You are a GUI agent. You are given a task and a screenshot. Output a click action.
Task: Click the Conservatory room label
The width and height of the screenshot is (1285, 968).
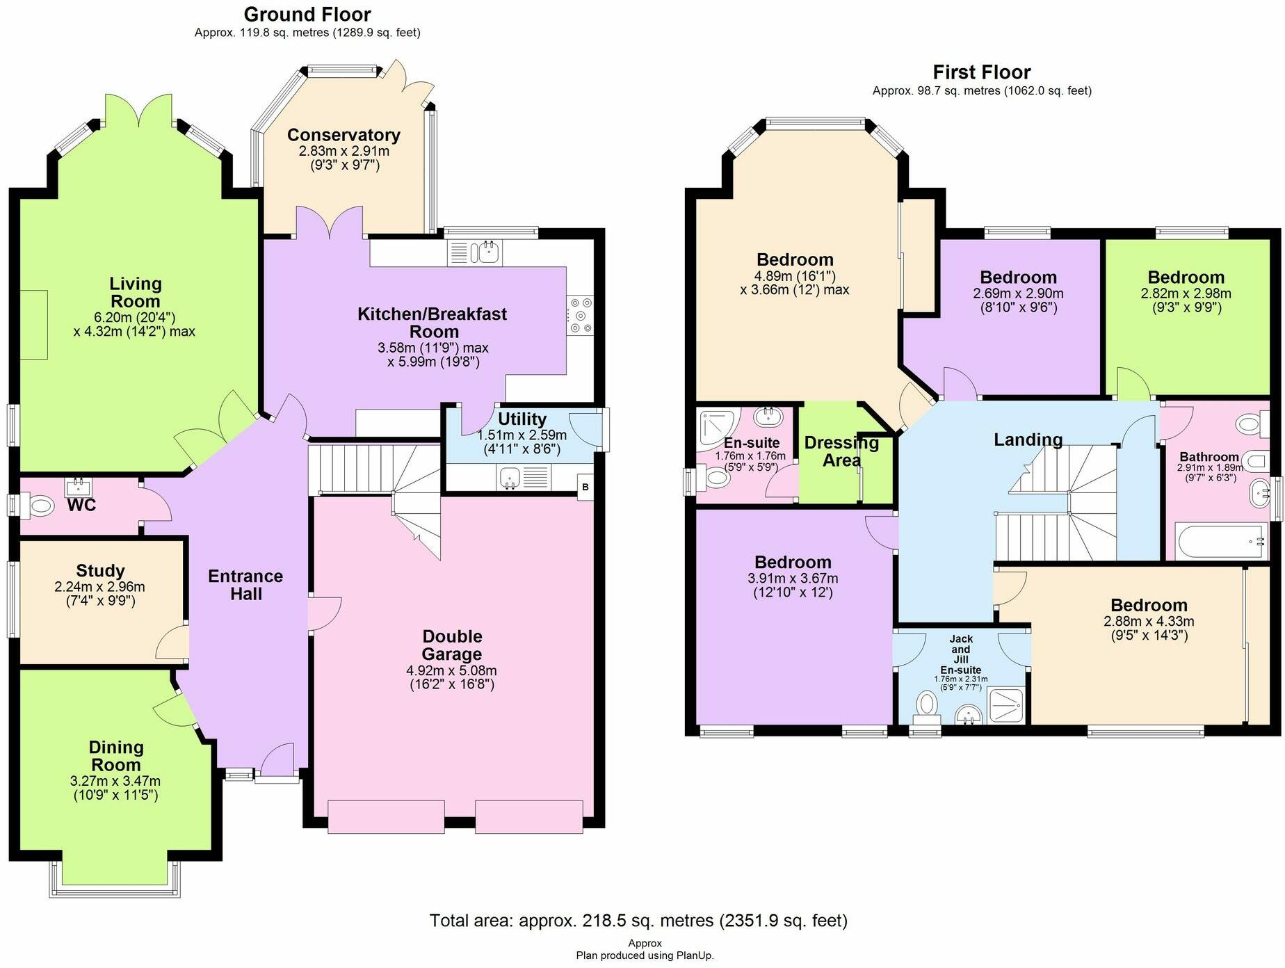(x=344, y=135)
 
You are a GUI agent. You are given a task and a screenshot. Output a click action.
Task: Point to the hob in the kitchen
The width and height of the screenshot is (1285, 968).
(x=581, y=315)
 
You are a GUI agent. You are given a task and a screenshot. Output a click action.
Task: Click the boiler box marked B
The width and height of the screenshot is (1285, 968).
(x=585, y=487)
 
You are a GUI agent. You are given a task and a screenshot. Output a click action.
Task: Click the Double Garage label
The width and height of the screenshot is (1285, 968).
(x=452, y=645)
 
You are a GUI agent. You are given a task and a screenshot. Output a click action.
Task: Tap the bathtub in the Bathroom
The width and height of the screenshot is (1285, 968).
(x=1220, y=542)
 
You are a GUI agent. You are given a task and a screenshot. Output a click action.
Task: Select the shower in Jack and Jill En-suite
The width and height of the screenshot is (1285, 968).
(x=1005, y=707)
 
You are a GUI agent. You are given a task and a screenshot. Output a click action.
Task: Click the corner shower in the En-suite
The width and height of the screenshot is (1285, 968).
(x=716, y=426)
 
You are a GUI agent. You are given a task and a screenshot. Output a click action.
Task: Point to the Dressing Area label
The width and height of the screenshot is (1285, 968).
(x=841, y=451)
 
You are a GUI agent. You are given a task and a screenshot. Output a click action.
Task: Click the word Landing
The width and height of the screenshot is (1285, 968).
(x=1028, y=439)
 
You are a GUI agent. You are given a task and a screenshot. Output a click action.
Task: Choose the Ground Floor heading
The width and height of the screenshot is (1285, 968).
(x=307, y=14)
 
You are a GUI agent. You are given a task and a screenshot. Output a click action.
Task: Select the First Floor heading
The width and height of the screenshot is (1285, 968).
(x=981, y=72)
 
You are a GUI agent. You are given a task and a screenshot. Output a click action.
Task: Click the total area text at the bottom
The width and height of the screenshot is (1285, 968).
(x=638, y=921)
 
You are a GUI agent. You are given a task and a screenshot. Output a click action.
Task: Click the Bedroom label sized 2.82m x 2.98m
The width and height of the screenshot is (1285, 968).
(x=1186, y=277)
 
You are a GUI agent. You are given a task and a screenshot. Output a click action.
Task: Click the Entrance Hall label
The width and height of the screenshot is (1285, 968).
(x=245, y=585)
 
